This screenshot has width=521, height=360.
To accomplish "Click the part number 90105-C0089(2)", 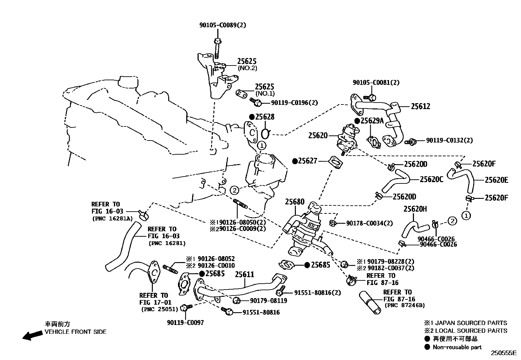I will [223, 25].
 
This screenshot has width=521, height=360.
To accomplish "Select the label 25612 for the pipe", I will [421, 106].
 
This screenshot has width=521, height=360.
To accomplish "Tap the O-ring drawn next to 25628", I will [266, 134].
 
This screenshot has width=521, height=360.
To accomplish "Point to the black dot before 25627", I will [295, 161].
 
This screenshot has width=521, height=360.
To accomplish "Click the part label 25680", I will [295, 202].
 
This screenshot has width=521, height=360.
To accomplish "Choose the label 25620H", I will [415, 209].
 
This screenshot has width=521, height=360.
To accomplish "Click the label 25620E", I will [496, 180].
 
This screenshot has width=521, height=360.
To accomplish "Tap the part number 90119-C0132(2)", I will [449, 140].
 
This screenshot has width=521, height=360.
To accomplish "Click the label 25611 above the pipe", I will [244, 275].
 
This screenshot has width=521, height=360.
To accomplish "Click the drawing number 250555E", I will [503, 353].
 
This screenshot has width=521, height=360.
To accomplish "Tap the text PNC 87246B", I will [404, 305].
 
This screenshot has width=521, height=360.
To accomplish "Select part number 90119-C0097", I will [185, 323].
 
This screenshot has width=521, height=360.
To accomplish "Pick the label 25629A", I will [372, 121].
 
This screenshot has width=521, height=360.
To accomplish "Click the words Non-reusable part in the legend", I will [457, 347].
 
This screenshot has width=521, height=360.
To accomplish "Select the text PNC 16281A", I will [112, 218].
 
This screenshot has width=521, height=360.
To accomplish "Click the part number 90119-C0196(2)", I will [294, 103].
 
